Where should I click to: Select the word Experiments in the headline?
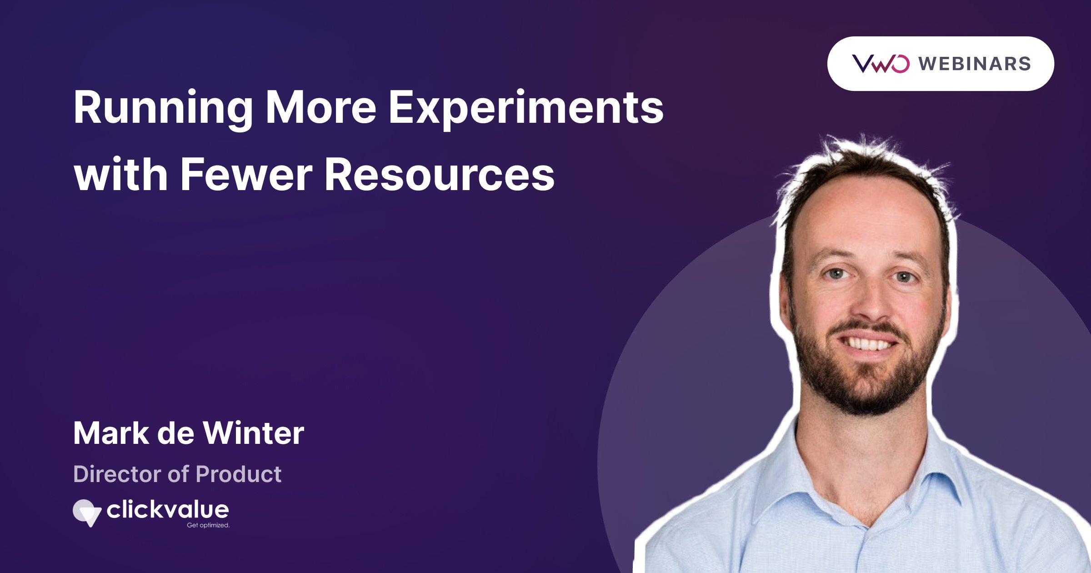click(x=526, y=108)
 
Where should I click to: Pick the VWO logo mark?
click(x=881, y=64)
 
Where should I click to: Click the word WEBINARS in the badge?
click(x=975, y=64)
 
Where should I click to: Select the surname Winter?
click(x=253, y=433)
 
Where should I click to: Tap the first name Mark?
click(x=111, y=433)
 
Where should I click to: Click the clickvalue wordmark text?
click(x=168, y=510)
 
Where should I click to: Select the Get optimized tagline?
click(x=208, y=525)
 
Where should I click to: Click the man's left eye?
click(x=904, y=276)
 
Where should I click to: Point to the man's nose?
click(x=869, y=309)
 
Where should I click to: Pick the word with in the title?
click(x=121, y=175)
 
